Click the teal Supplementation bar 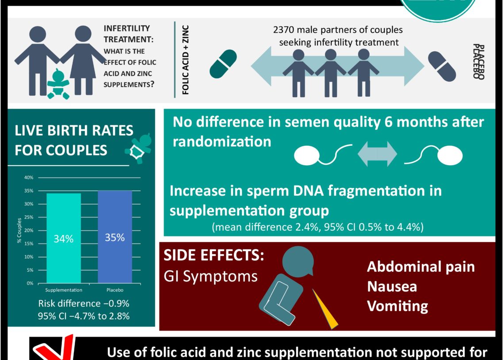point(64,238)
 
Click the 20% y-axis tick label point(28,231)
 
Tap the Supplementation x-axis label point(64,290)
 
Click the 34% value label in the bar point(64,239)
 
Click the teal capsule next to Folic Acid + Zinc point(223,64)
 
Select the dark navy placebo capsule point(442,66)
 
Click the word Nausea point(392,286)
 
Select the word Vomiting point(397,306)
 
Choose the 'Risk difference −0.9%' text point(84,303)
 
